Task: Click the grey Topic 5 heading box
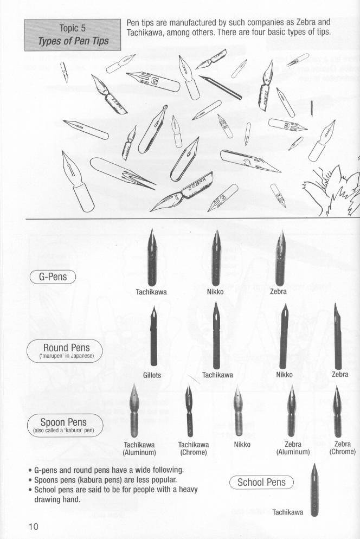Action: (x=73, y=35)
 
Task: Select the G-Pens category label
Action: (x=53, y=277)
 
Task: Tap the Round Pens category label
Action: (x=65, y=351)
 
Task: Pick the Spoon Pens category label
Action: (x=65, y=425)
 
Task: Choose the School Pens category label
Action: (x=262, y=482)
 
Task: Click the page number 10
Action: (x=34, y=527)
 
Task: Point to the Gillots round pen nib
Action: (x=153, y=336)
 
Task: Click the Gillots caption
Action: (x=152, y=375)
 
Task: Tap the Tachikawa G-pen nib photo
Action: (x=152, y=258)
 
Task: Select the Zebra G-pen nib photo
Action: (x=281, y=258)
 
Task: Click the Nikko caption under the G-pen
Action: (x=215, y=292)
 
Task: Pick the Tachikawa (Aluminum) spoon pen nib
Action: (x=134, y=410)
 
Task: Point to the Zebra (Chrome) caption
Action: (x=343, y=448)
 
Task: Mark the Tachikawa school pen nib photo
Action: (x=314, y=490)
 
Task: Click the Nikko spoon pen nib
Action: (x=238, y=410)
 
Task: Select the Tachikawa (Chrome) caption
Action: (x=194, y=448)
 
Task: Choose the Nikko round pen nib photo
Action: (x=284, y=336)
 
